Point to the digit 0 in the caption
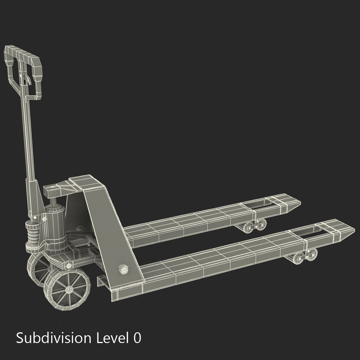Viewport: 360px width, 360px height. point(137,338)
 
